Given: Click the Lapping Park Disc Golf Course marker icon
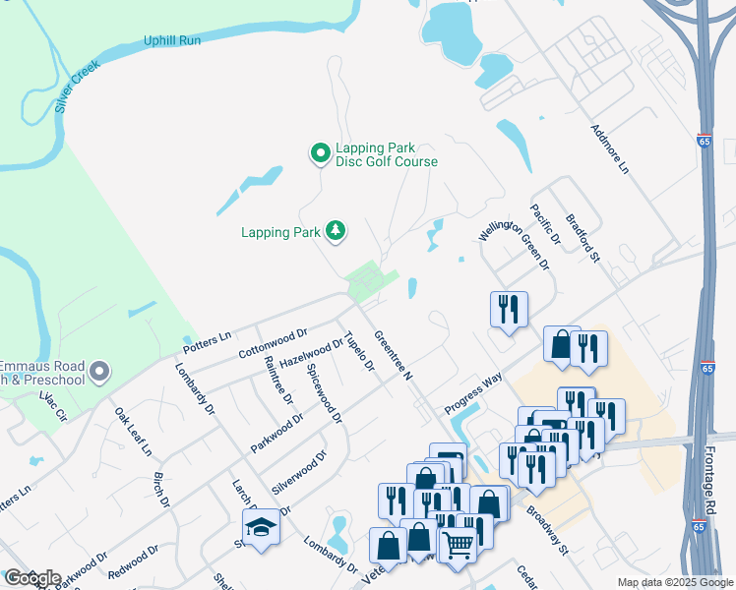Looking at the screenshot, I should tap(320, 153).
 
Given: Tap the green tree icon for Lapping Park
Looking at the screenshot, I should tap(337, 231).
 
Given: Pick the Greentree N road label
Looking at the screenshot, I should tap(394, 356).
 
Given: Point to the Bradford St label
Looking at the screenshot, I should tap(583, 239).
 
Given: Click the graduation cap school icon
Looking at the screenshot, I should tap(261, 528).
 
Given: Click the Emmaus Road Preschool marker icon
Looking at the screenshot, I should tap(99, 372).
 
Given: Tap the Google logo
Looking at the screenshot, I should tap(31, 578).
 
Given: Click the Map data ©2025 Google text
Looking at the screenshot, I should tap(674, 582).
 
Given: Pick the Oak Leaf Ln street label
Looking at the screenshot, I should tap(133, 433).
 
